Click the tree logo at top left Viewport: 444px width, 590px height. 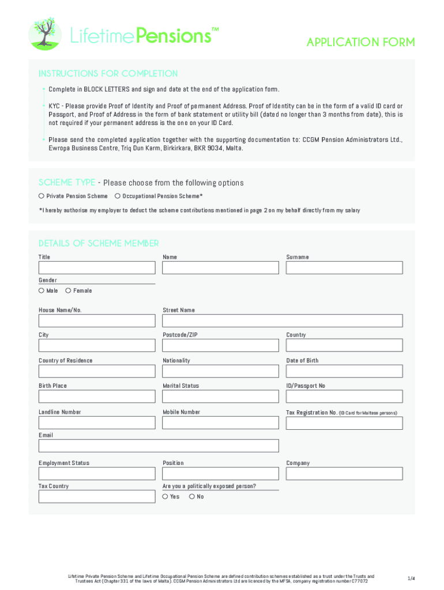(45, 33)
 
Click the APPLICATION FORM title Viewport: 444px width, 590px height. (360, 42)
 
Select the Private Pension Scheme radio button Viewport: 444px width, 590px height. (42, 196)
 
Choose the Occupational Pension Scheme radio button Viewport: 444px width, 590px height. (118, 196)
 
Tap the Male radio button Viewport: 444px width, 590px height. (42, 290)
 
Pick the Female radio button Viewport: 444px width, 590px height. (68, 290)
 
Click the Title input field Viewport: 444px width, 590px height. (97, 267)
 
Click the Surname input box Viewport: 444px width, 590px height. (344, 267)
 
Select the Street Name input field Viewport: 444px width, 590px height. (283, 320)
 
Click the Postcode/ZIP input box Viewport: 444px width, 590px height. (220, 345)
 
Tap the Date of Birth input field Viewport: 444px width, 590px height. (344, 370)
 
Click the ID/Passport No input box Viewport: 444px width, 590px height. (344, 396)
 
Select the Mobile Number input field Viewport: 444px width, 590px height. (220, 422)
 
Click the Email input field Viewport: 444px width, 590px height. (159, 445)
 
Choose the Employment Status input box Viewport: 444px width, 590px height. (97, 473)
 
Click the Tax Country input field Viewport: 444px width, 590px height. (97, 496)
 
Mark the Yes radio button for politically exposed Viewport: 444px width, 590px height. (165, 496)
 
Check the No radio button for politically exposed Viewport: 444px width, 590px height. (192, 496)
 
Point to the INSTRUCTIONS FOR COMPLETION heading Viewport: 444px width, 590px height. (108, 74)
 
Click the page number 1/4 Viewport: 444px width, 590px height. (411, 578)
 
